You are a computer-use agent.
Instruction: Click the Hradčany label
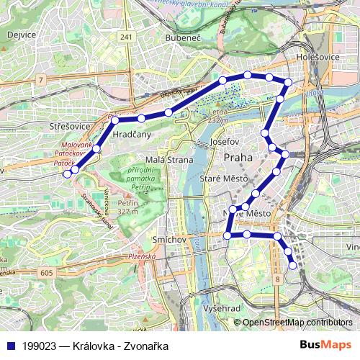pyautogui.click(x=132, y=133)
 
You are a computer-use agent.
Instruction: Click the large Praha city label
pyautogui.click(x=238, y=158)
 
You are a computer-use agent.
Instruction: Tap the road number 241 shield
pyautogui.click(x=127, y=37)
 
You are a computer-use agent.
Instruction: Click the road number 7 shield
pyautogui.click(x=42, y=78)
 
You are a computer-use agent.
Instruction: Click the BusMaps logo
pyautogui.click(x=320, y=345)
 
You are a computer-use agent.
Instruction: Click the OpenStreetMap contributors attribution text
pyautogui.click(x=297, y=322)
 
